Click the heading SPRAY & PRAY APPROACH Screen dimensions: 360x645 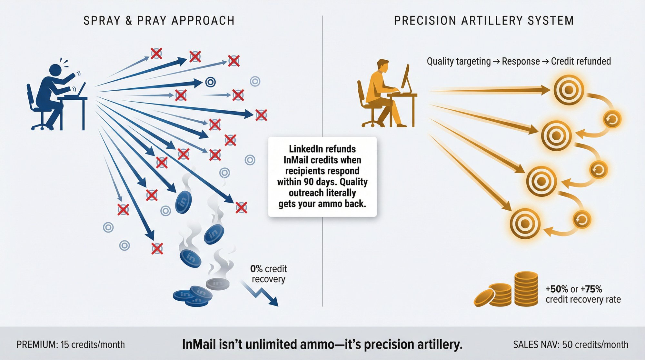[159, 21]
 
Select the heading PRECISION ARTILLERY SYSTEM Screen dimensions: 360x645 [484, 21]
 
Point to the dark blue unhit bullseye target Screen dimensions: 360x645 [210, 82]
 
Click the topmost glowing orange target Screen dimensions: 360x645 [569, 90]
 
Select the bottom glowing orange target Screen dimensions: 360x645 [525, 223]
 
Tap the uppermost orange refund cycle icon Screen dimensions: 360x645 [612, 119]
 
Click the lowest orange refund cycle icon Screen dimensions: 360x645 [581, 220]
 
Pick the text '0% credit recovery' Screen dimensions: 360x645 [268, 274]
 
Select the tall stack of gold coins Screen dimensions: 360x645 [526, 289]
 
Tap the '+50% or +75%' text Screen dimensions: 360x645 [574, 289]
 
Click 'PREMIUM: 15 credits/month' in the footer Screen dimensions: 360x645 [71, 345]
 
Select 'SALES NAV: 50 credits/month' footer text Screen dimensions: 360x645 [571, 345]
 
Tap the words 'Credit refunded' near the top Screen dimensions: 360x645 [581, 61]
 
